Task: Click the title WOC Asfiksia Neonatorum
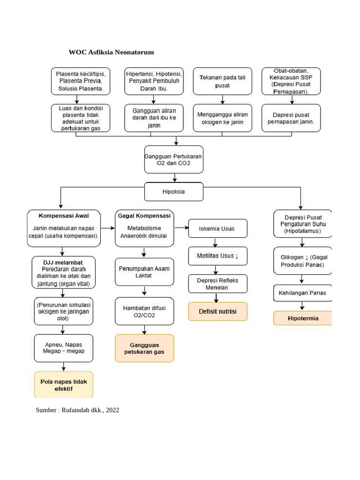pyautogui.click(x=112, y=52)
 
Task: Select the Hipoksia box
pyautogui.click(x=174, y=192)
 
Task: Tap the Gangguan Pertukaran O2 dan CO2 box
pyautogui.click(x=174, y=159)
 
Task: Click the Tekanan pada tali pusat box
pyautogui.click(x=223, y=82)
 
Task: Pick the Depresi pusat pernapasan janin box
pyautogui.click(x=291, y=118)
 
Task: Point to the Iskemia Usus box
pyautogui.click(x=217, y=228)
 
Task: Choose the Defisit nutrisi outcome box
pyautogui.click(x=217, y=311)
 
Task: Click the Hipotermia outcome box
pyautogui.click(x=302, y=318)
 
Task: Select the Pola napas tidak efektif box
pyautogui.click(x=64, y=385)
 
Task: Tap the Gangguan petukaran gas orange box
pyautogui.click(x=144, y=348)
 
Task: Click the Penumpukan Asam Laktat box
pyautogui.click(x=144, y=272)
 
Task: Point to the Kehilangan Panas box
pyautogui.click(x=302, y=293)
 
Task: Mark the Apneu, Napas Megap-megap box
pyautogui.click(x=64, y=348)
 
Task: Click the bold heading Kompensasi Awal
pyautogui.click(x=64, y=216)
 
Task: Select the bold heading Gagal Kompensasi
pyautogui.click(x=144, y=216)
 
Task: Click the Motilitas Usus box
pyautogui.click(x=217, y=256)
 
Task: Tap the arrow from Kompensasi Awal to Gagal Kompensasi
pyautogui.click(x=108, y=228)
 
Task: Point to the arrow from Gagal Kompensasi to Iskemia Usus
pyautogui.click(x=181, y=228)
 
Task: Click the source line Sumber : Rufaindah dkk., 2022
pyautogui.click(x=77, y=410)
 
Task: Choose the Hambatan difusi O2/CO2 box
pyautogui.click(x=144, y=311)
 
